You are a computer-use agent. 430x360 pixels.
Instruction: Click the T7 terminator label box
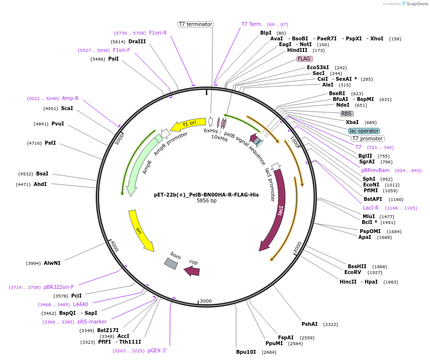click(195, 24)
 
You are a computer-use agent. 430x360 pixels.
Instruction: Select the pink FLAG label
click(304, 59)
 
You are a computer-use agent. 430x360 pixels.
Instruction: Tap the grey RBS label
click(346, 113)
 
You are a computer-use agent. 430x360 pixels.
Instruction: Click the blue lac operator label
click(364, 131)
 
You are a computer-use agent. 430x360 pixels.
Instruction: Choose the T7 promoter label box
click(367, 139)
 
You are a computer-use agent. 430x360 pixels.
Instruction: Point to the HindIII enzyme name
click(297, 50)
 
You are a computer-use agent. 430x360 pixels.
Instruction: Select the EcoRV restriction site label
click(353, 272)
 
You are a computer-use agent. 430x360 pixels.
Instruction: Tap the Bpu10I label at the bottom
click(246, 352)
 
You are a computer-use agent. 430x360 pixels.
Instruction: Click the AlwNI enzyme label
click(52, 263)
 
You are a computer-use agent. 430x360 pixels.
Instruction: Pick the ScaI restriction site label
click(67, 108)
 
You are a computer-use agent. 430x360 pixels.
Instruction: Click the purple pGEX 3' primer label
click(157, 350)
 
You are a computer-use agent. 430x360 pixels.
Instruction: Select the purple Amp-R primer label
click(70, 98)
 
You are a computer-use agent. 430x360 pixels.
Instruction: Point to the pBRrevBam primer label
click(375, 170)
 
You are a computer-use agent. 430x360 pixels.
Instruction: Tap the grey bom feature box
click(171, 263)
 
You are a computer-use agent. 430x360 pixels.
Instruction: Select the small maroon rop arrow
click(192, 271)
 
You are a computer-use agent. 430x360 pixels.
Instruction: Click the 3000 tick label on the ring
click(205, 301)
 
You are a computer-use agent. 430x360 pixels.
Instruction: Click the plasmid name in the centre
click(206, 195)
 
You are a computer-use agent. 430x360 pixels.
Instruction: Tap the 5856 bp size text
click(206, 200)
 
